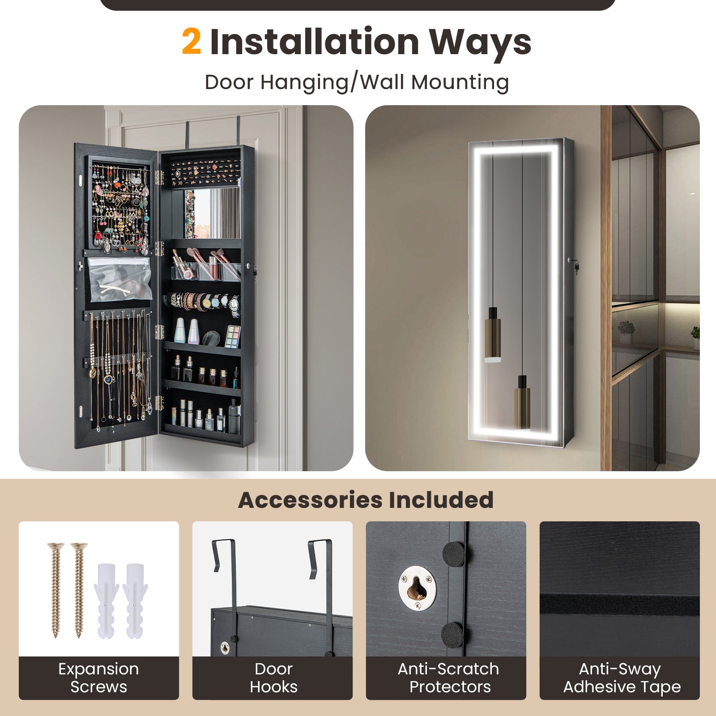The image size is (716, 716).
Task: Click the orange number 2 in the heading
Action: pos(192,42)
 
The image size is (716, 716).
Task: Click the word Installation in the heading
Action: pos(314,42)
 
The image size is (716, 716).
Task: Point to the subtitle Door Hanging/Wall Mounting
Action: pos(357,82)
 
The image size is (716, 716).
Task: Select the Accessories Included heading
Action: pos(366,500)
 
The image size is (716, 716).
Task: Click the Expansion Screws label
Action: pos(98,678)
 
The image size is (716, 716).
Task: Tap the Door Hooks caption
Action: pos(273,678)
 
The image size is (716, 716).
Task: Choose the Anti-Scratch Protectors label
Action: pos(448,678)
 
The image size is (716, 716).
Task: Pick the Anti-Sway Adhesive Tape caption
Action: pos(622,678)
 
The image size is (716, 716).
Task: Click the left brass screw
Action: pos(56,588)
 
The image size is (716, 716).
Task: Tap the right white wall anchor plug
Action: pos(135,600)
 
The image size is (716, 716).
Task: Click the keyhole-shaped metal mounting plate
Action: pos(417,587)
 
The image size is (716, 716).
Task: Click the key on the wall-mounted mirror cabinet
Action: pos(576,268)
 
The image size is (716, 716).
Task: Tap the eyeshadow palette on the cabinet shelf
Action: pos(232,336)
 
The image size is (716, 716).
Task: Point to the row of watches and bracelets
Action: pos(204,302)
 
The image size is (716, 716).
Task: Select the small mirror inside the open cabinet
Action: pos(213,213)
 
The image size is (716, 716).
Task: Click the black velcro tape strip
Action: pos(619,604)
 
